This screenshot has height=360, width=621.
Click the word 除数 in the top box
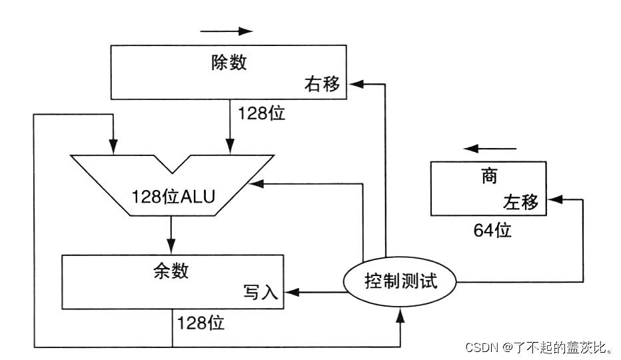pyautogui.click(x=229, y=63)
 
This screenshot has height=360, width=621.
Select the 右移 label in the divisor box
pyautogui.click(x=322, y=84)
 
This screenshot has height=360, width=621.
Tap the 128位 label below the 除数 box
pyautogui.click(x=261, y=113)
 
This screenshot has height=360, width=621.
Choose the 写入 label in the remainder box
pyautogui.click(x=261, y=293)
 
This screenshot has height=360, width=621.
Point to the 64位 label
pyautogui.click(x=492, y=231)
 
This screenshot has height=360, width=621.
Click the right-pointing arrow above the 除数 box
pyautogui.click(x=227, y=31)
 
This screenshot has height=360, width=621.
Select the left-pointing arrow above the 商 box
pyautogui.click(x=490, y=148)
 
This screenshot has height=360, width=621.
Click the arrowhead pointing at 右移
pyautogui.click(x=356, y=83)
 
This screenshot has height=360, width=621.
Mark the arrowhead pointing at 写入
pyautogui.click(x=291, y=292)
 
